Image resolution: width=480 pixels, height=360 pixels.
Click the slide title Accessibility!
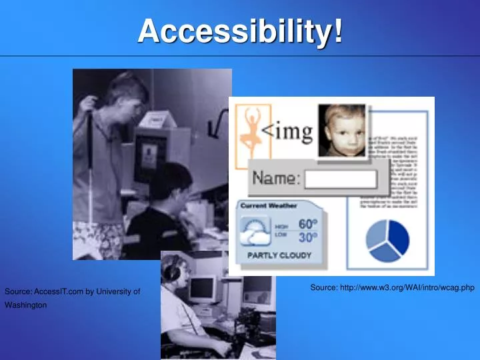point(241,31)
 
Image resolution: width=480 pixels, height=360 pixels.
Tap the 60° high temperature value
point(308,223)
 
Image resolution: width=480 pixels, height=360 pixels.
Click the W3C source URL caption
point(392,288)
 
